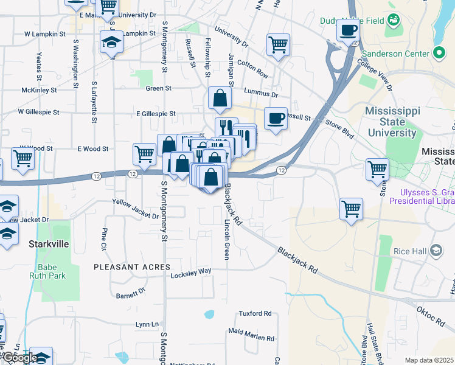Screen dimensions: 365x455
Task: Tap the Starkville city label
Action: [48, 243]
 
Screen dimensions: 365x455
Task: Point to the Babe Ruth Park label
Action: [47, 271]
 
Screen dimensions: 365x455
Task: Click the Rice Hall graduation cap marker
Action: [436, 250]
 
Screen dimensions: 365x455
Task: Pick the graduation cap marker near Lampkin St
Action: [111, 43]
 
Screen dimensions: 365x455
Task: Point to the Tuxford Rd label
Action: [255, 314]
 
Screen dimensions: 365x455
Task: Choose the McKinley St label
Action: [39, 89]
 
